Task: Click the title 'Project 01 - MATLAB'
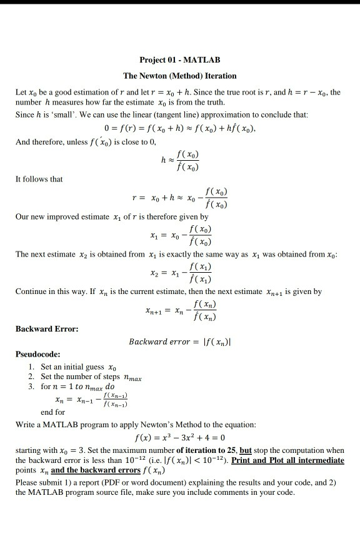click(180, 60)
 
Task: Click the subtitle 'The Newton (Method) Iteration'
click(180, 76)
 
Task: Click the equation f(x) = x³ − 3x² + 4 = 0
click(180, 437)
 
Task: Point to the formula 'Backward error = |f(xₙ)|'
click(188, 342)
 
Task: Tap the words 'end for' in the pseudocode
click(52, 412)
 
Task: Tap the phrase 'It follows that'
click(39, 179)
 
